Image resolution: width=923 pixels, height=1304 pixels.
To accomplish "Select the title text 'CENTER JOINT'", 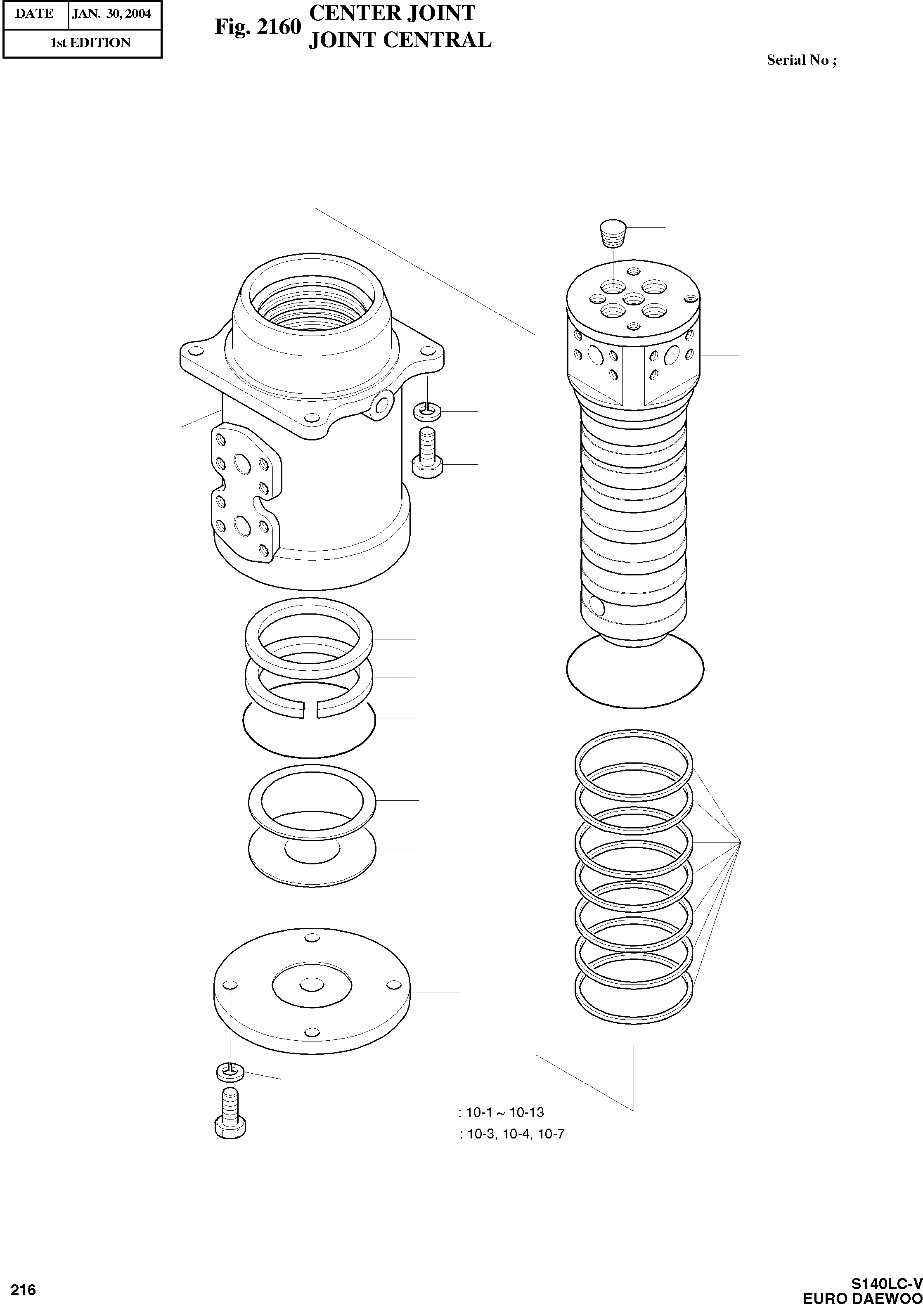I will click(x=392, y=13).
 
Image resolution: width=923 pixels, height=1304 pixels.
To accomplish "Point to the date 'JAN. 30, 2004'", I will click(x=112, y=14).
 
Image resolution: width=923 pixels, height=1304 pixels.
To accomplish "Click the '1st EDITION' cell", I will click(x=90, y=43).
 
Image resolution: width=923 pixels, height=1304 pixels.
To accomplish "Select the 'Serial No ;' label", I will click(x=801, y=60).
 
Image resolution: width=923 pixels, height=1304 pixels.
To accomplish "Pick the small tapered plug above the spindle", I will click(x=614, y=233).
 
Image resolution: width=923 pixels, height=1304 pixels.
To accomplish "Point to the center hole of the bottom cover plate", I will click(x=312, y=985).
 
